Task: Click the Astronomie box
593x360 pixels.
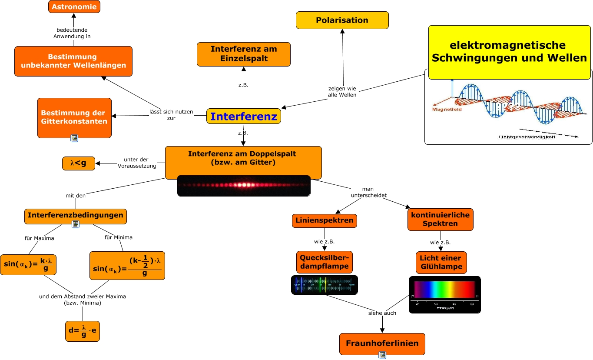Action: tap(74, 7)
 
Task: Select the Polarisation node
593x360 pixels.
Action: tap(342, 20)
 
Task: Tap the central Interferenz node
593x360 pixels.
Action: tap(244, 116)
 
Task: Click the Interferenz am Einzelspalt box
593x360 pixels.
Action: tap(244, 54)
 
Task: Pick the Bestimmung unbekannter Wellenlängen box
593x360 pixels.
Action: tap(73, 61)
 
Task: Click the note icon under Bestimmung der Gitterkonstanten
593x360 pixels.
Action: tap(74, 138)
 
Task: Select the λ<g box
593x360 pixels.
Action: tap(78, 163)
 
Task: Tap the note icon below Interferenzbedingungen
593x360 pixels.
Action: tap(76, 224)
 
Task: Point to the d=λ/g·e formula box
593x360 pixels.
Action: tap(83, 331)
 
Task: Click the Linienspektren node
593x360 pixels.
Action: tap(325, 220)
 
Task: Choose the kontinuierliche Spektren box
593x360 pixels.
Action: tap(440, 219)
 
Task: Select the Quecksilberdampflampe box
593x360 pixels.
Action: tap(325, 262)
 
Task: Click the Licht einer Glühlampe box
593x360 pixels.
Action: tap(441, 262)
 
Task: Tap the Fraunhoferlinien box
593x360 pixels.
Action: tap(382, 343)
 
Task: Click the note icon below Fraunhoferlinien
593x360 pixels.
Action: tap(382, 355)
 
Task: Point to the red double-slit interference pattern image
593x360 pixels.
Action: tap(244, 185)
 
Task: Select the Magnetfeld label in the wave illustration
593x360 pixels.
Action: tap(447, 110)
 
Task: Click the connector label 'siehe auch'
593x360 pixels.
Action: tap(382, 313)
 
